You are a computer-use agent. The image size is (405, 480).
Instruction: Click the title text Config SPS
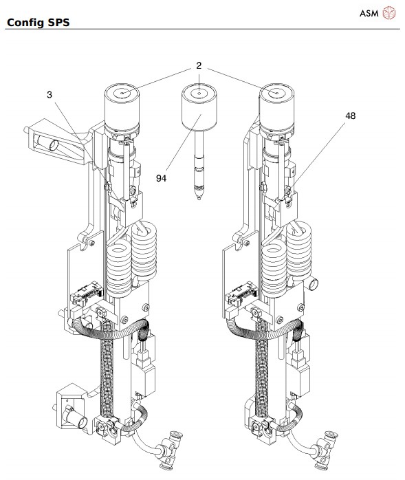pos(39,23)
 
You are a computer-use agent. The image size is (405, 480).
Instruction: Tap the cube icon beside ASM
pos(390,13)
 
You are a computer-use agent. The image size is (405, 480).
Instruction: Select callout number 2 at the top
pos(198,66)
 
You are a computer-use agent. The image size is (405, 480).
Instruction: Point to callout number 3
pos(49,94)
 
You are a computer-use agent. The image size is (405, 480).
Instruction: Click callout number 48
pos(351,116)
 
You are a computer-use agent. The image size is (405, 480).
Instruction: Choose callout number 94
pos(162,177)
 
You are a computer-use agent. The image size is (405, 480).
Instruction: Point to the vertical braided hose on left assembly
pos(108,371)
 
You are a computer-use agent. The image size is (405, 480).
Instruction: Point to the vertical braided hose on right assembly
pos(263,371)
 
